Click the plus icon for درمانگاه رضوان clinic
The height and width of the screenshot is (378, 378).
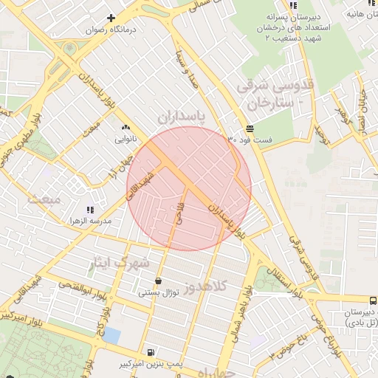tap(111, 18)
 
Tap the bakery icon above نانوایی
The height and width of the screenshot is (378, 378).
tap(124, 126)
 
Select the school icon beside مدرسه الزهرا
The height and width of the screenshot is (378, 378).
tap(91, 210)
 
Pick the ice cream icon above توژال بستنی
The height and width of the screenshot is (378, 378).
tap(159, 281)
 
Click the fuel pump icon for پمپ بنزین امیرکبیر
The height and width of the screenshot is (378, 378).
tap(151, 352)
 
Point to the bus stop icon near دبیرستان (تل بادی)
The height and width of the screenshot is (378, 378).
tap(373, 300)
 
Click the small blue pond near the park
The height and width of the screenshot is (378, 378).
tap(111, 335)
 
